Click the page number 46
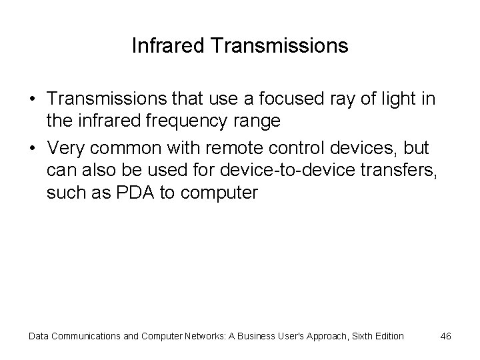[x=446, y=336]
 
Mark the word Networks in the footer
[x=189, y=336]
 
